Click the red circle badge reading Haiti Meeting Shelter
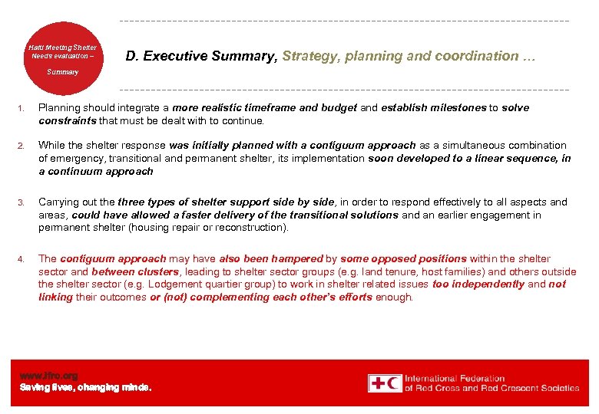(63, 57)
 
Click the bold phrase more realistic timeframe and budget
(265, 108)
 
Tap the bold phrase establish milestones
(433, 108)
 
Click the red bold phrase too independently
(478, 284)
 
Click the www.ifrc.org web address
(48, 376)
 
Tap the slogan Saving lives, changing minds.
(85, 388)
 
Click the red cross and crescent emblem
(384, 383)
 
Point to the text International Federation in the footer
(455, 378)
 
